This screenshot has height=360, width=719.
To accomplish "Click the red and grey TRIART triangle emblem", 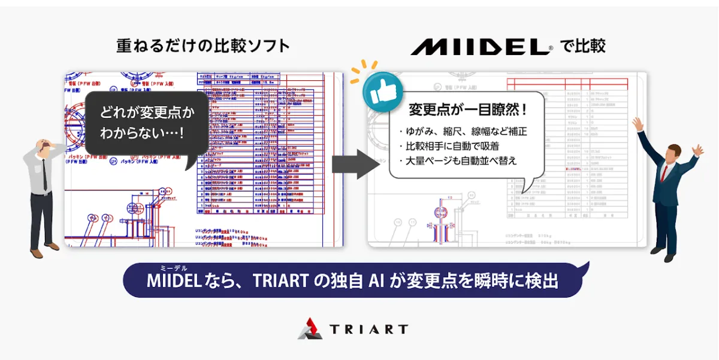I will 310,328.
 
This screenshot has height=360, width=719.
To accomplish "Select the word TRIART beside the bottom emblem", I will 368,329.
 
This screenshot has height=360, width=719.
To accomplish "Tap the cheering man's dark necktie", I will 664,173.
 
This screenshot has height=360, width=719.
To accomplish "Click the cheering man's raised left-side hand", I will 637,124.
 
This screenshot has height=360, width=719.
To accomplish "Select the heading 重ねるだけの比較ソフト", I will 203,46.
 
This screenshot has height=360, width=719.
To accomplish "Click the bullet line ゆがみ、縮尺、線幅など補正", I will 462,131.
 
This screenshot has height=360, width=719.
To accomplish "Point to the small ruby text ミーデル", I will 173,268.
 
